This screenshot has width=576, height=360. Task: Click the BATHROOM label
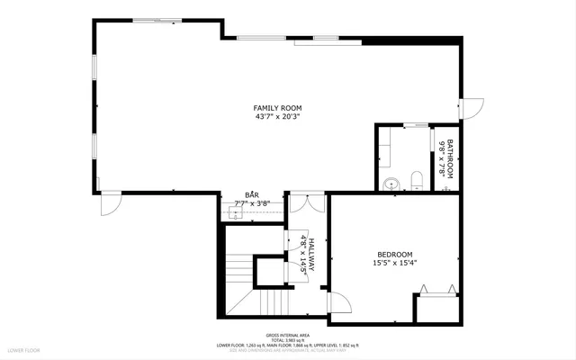[x=451, y=158]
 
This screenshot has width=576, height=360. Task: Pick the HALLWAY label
[x=311, y=255]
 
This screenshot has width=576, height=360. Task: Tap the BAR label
[x=252, y=195]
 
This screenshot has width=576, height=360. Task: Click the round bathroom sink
[x=391, y=184]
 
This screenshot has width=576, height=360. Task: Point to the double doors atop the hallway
[x=307, y=202]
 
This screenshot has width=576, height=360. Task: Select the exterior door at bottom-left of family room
[x=109, y=204]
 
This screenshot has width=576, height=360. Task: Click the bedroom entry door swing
[x=337, y=303]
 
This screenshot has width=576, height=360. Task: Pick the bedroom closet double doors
[x=436, y=291]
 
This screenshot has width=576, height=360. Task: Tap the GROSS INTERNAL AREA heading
[x=287, y=334]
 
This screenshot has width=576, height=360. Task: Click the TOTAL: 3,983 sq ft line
[x=287, y=339]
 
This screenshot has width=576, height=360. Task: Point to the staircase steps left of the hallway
[x=238, y=269]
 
